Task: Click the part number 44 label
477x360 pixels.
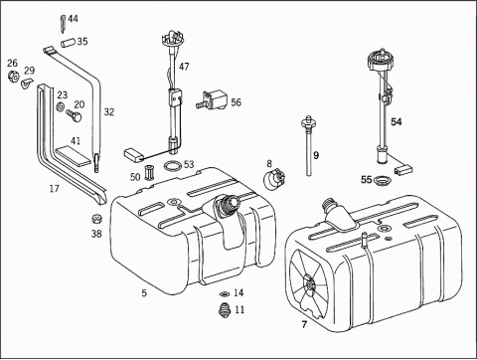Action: [73, 19]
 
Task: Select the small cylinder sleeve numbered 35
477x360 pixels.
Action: [68, 43]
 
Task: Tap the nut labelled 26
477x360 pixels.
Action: [14, 77]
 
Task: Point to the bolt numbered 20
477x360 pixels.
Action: [74, 115]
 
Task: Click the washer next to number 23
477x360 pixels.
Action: [61, 107]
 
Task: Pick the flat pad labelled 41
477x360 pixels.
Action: [74, 157]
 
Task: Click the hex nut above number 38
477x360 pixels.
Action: [96, 219]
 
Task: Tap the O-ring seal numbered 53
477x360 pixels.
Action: [173, 166]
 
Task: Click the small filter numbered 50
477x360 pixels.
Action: [148, 173]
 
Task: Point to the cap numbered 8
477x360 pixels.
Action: [275, 179]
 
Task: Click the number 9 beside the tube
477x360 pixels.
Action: [316, 155]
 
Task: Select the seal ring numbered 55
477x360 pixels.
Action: [382, 181]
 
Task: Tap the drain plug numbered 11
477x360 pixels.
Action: [226, 311]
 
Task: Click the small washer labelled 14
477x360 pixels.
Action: [225, 293]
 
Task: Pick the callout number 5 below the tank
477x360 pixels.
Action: [144, 293]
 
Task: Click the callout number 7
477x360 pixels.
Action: [304, 324]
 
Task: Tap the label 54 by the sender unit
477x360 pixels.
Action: [397, 121]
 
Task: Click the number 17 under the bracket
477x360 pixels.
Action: [55, 189]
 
